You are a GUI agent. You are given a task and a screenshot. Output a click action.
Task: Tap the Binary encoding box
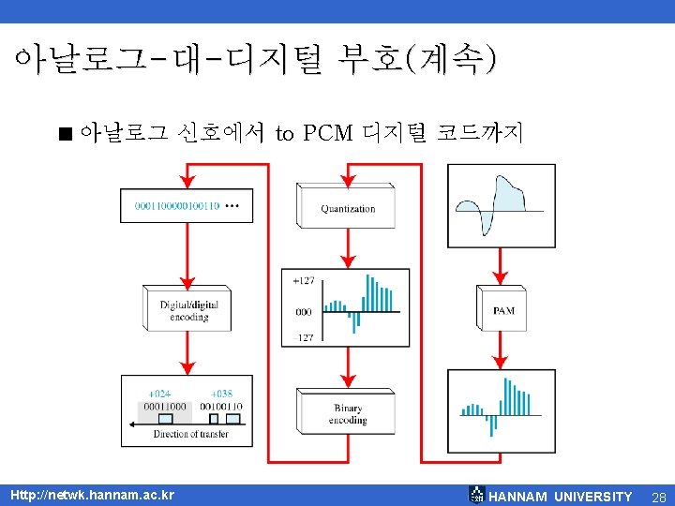348,412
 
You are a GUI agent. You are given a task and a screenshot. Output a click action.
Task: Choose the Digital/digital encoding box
187,309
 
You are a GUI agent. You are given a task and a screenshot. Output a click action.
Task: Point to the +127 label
304,280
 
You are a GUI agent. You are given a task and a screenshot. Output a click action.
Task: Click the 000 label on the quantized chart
303,312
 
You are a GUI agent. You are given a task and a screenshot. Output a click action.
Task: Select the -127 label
303,337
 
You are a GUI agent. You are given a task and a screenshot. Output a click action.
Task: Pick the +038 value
222,394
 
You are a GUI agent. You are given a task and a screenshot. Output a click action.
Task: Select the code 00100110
221,407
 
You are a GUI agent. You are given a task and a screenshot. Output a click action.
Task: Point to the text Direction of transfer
190,434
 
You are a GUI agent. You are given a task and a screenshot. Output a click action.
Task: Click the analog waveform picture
501,206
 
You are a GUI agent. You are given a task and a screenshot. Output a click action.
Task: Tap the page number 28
657,496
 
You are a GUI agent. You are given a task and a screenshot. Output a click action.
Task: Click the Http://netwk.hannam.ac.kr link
92,495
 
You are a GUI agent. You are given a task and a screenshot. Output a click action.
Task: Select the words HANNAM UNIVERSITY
561,496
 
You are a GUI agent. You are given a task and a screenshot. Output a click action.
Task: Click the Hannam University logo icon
477,495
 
